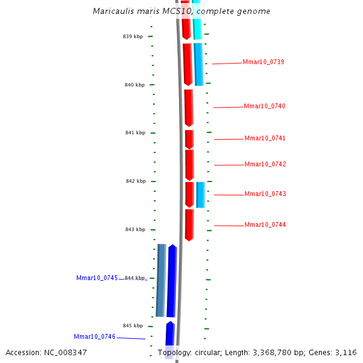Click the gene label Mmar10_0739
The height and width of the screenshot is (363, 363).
coord(263,62)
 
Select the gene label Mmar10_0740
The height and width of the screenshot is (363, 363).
coord(264,106)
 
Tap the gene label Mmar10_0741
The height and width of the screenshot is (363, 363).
coord(264,138)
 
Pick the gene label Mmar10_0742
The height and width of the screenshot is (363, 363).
coord(265,164)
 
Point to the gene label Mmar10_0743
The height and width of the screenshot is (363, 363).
coord(265,194)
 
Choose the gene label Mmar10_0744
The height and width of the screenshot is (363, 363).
coord(265,224)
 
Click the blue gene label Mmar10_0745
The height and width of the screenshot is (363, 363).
coord(97,278)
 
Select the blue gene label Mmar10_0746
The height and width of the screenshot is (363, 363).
coord(94,336)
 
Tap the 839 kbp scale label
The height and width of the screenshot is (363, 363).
coord(133,36)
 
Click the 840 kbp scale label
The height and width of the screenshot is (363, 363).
coord(134,85)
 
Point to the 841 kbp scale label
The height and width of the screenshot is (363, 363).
coord(135,132)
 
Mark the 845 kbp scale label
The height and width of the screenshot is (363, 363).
coord(132,325)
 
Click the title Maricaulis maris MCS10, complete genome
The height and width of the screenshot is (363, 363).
coord(181,11)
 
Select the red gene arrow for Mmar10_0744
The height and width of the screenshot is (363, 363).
coord(189,224)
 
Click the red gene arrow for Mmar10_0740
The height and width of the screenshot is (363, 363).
coord(188,107)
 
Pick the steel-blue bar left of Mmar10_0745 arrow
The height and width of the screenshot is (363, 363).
coord(161,280)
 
